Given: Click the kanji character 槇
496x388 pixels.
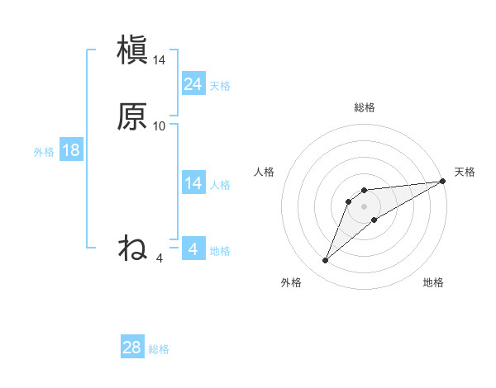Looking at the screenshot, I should [132, 50].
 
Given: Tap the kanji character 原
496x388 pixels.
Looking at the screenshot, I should [132, 116].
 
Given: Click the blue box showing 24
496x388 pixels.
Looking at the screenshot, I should [193, 83].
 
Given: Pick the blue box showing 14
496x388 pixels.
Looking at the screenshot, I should [193, 183].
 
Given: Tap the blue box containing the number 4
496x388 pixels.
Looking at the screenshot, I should [193, 249].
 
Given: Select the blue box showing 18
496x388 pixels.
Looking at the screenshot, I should [71, 150].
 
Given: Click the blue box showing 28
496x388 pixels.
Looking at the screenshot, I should [132, 348].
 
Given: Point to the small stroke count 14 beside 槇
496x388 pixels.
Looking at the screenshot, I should [160, 60].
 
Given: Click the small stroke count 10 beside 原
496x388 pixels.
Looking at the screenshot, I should [160, 126].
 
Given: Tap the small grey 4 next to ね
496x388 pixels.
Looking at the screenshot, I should [160, 258].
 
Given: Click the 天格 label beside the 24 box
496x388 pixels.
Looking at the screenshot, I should [220, 85].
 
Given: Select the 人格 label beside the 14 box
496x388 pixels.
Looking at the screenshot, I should [220, 185].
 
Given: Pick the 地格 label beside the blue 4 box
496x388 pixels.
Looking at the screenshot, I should [220, 251].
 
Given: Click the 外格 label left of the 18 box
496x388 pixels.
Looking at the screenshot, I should [44, 152].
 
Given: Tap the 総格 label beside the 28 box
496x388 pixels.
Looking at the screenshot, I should [159, 349].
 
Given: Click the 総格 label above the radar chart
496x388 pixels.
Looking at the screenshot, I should [365, 107].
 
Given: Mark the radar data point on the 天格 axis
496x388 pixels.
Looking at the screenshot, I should [442, 181].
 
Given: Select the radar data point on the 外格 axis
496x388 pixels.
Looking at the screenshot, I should [326, 261].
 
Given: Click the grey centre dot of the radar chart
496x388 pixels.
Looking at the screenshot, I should [365, 206].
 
